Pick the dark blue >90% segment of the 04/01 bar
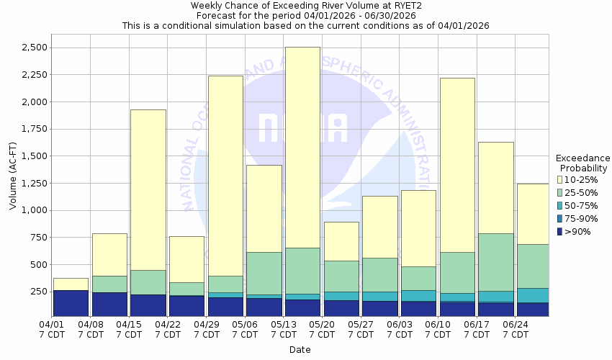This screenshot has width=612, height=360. click(71, 303)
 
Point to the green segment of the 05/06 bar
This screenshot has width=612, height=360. click(264, 273)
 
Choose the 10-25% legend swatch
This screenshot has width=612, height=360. click(560, 179)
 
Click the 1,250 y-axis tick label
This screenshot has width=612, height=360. click(32, 184)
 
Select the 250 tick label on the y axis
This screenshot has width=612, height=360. click(37, 292)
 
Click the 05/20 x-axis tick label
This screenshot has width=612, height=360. click(322, 329)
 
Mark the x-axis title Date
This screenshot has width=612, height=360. click(300, 350)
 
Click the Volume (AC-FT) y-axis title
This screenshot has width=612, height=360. click(12, 176)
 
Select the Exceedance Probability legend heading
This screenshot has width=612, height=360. click(582, 163)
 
